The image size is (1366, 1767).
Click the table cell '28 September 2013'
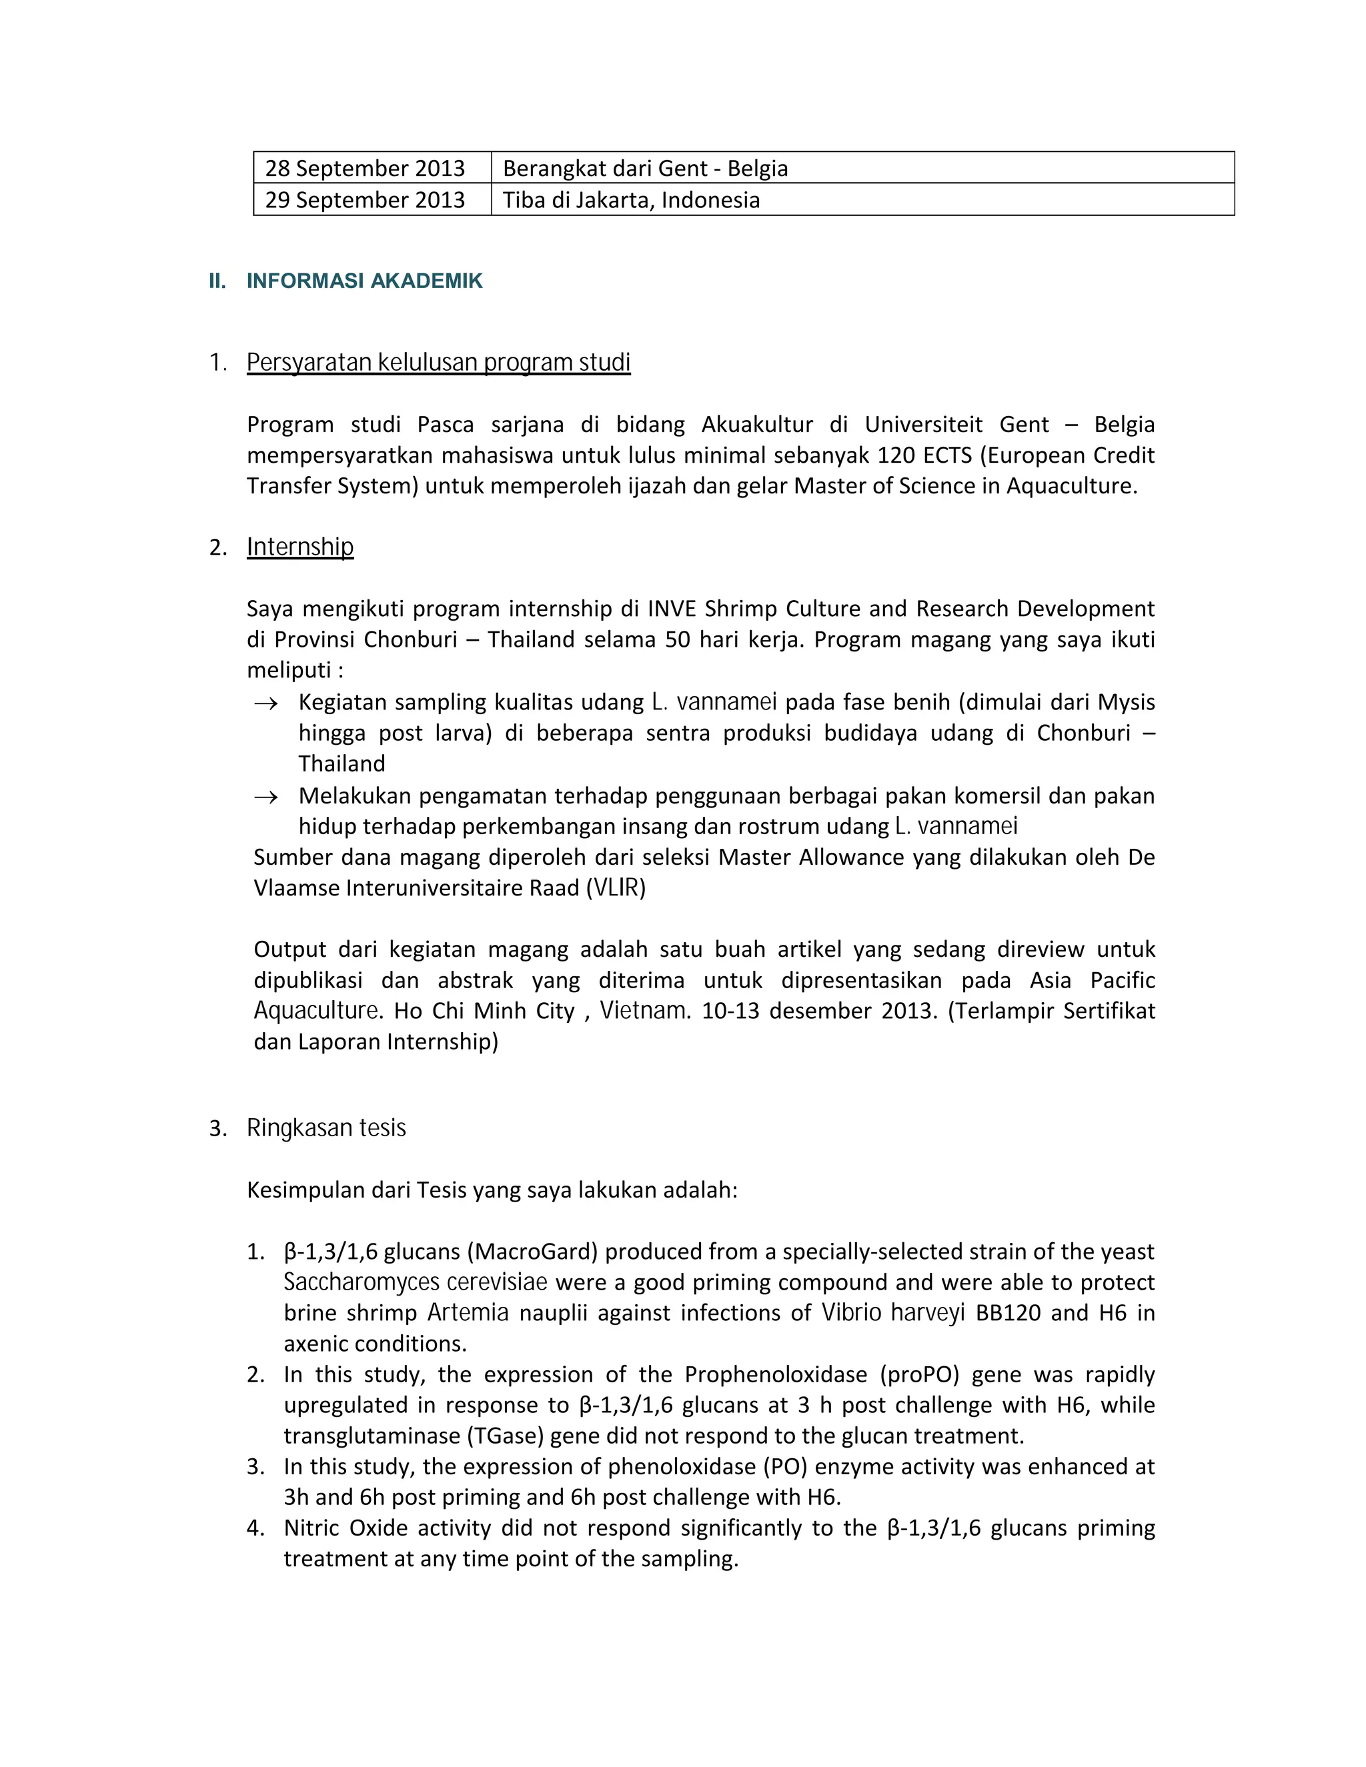[365, 168]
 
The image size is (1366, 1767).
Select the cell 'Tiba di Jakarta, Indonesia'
[631, 200]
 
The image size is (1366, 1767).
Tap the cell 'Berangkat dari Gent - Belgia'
[645, 168]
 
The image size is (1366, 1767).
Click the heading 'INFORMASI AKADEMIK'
[364, 281]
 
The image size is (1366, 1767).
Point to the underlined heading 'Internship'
[300, 547]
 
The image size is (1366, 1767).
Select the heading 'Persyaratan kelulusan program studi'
[439, 363]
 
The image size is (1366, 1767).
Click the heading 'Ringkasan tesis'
[326, 1128]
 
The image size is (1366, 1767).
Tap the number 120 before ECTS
[896, 455]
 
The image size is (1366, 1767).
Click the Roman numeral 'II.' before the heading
[217, 281]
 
